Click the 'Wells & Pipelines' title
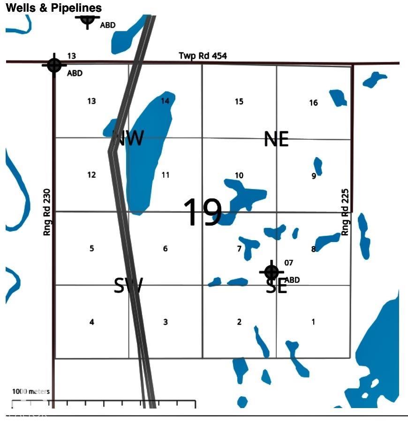[x=53, y=8]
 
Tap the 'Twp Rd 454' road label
[x=203, y=56]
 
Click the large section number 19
[x=202, y=212]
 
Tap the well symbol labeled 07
[x=272, y=272]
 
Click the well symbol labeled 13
[x=54, y=65]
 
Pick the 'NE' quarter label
[x=276, y=139]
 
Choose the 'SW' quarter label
[x=128, y=285]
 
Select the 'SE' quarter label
[x=276, y=286]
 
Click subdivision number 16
[x=313, y=103]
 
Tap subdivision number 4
[x=92, y=322]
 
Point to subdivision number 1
[x=313, y=322]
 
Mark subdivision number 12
[x=91, y=175]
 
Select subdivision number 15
[x=239, y=101]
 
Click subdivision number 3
[x=166, y=322]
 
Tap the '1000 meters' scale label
[x=30, y=391]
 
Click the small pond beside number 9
[x=318, y=166]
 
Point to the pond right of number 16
[x=338, y=98]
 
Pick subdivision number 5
[x=91, y=249]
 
